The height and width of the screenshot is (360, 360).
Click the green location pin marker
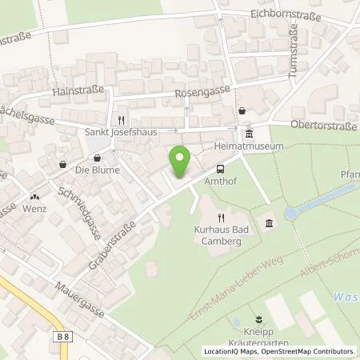click(181, 162)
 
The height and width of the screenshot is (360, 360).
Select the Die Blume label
click(97, 170)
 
